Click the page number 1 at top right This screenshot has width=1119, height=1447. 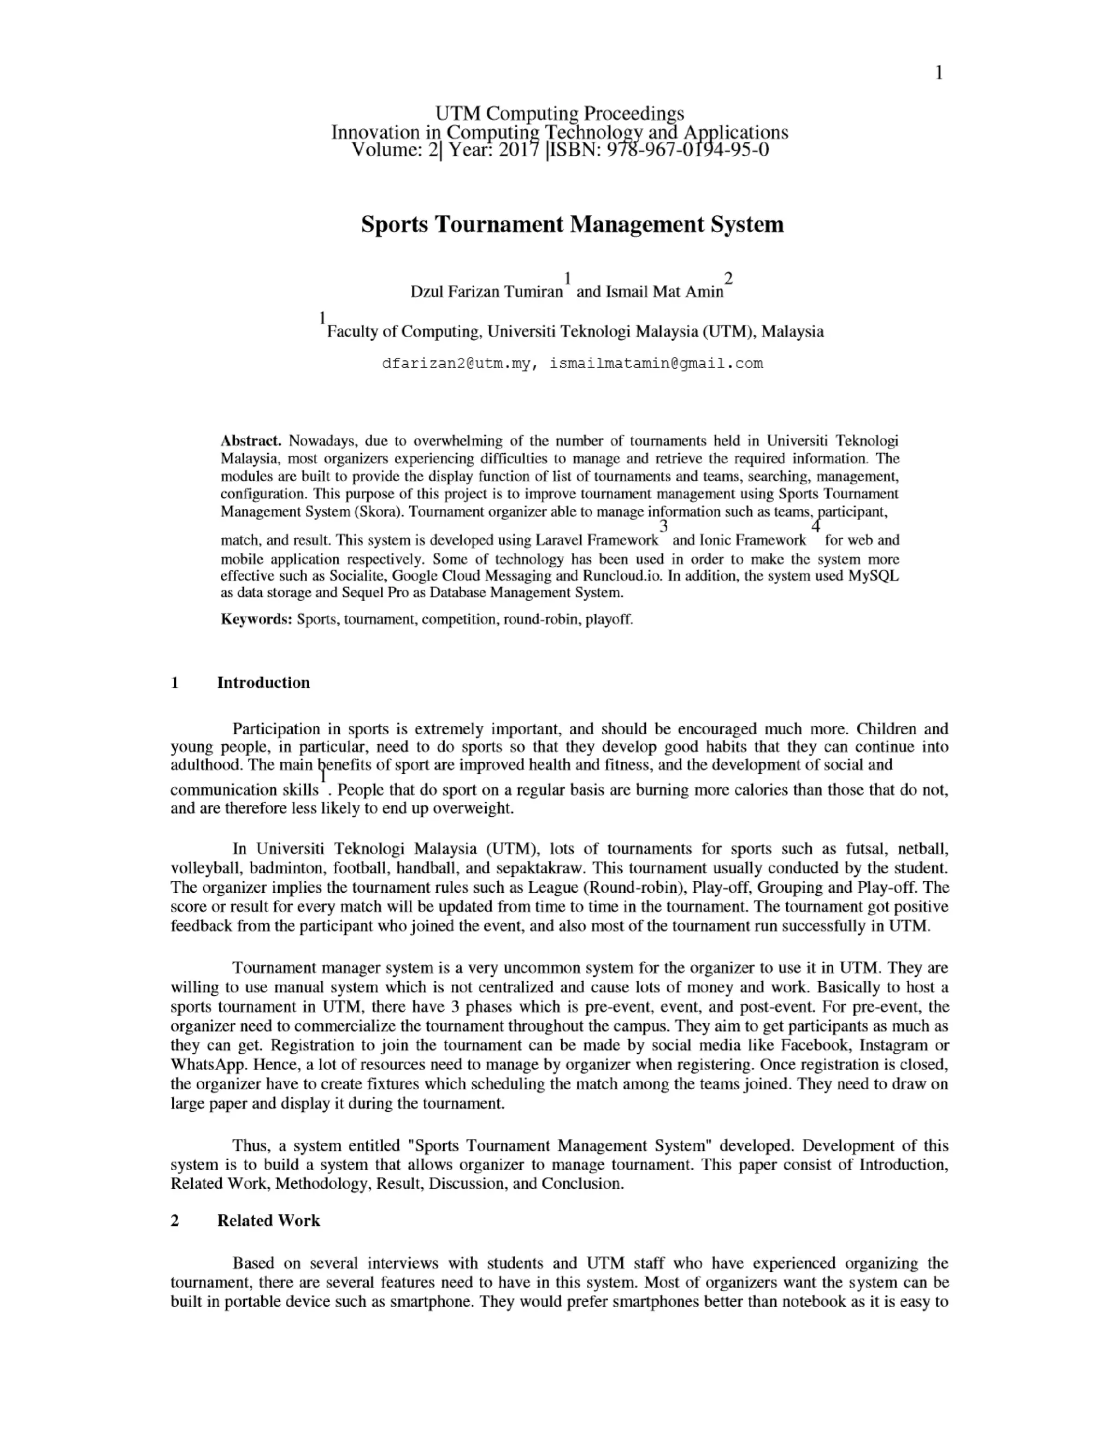pos(939,74)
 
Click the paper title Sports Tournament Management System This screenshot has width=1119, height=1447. pos(572,224)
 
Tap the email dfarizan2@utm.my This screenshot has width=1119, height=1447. pos(456,363)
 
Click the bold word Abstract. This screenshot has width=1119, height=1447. pos(251,441)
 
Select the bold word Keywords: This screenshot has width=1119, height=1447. pos(256,620)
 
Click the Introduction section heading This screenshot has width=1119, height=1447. pos(263,683)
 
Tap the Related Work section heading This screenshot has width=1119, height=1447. pos(268,1220)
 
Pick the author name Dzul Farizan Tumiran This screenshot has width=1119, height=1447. pos(487,292)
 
